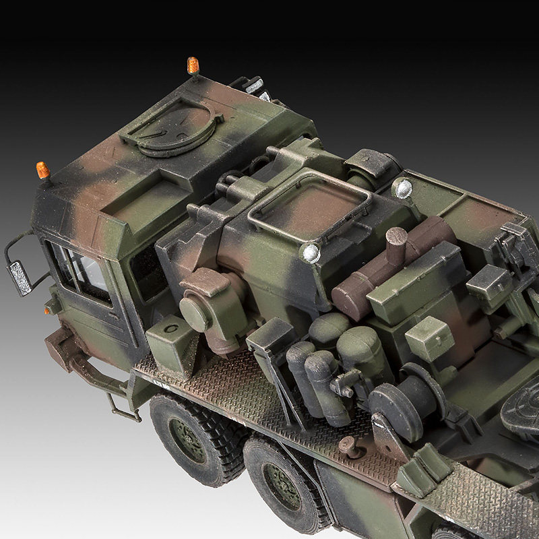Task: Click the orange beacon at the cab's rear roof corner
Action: click(x=193, y=65)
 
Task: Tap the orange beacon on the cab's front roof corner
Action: click(x=43, y=170)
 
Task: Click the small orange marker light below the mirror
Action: click(x=48, y=310)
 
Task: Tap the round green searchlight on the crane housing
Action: click(x=196, y=314)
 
